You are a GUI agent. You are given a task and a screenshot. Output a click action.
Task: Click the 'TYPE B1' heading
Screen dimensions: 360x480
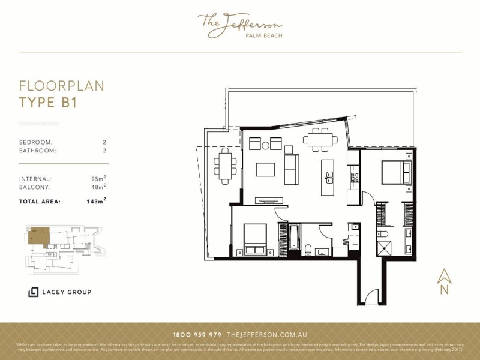pyautogui.click(x=48, y=102)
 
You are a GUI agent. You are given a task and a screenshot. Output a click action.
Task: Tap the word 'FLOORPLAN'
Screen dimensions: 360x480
pyautogui.click(x=61, y=86)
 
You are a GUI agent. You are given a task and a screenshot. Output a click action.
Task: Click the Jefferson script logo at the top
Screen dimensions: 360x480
pyautogui.click(x=239, y=25)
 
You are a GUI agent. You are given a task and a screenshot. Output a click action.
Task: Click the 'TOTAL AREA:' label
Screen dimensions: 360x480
pyautogui.click(x=40, y=202)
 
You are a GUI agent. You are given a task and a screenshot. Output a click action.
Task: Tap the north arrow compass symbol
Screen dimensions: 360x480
pyautogui.click(x=444, y=281)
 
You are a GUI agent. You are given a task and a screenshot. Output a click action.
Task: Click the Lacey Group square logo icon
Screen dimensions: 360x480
pyautogui.click(x=34, y=292)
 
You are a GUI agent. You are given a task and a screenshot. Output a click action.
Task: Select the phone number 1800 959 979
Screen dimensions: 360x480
pyautogui.click(x=197, y=334)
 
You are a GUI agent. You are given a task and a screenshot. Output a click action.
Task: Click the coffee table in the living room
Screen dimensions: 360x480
pyautogui.click(x=265, y=169)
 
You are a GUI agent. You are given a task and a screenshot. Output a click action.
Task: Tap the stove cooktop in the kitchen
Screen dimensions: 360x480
pyautogui.click(x=355, y=177)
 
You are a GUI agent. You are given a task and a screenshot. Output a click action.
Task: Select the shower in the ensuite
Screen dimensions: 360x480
pyautogui.click(x=384, y=247)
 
